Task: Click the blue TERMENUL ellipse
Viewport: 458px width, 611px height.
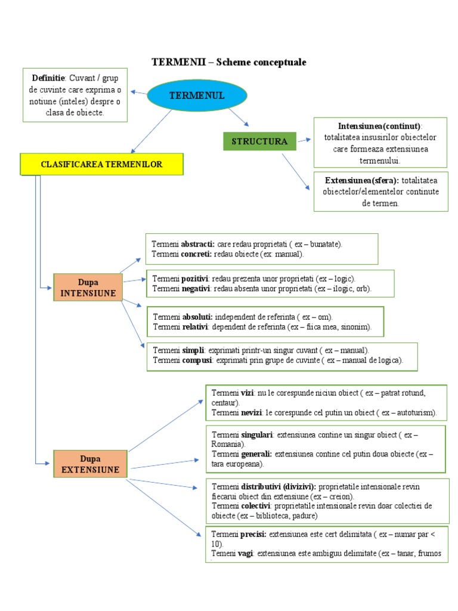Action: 188,95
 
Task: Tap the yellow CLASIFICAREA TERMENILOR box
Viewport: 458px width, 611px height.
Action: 101,164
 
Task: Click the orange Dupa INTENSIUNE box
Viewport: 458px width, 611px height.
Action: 88,287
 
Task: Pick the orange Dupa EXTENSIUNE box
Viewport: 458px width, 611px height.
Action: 90,464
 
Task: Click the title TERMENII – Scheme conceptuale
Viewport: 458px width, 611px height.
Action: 229,62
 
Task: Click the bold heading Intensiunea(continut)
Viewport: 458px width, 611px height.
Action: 379,126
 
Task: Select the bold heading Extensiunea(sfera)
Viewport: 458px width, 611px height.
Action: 362,180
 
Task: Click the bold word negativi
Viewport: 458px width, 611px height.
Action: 196,289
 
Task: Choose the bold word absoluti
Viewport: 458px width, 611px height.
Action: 197,316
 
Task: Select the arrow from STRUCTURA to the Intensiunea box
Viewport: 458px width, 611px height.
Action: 304,140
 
